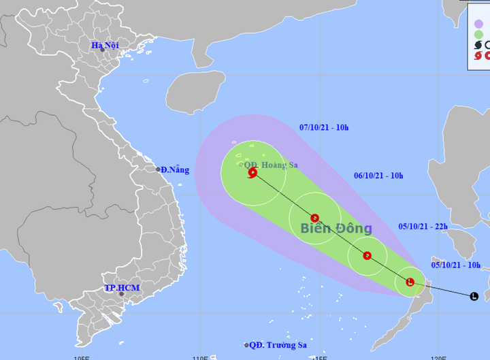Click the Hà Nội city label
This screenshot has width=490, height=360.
[x=105, y=45]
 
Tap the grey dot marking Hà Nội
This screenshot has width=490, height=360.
[x=102, y=50]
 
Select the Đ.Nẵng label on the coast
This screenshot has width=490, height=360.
[x=173, y=169]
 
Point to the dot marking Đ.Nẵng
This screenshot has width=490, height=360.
[x=158, y=169]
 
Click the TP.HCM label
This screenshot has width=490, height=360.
[x=122, y=288]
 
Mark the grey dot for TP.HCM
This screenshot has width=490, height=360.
[x=122, y=294]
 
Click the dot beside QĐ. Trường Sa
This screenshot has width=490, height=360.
[x=246, y=345]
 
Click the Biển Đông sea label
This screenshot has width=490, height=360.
[x=336, y=229]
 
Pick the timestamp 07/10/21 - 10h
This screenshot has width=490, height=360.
[x=324, y=127]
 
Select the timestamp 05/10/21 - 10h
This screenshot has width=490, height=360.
[x=456, y=265]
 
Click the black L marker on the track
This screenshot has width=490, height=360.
[x=474, y=296]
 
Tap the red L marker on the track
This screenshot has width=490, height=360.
[x=410, y=282]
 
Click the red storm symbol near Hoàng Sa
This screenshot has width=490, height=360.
[x=253, y=173]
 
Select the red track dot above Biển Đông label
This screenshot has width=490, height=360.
[x=314, y=218]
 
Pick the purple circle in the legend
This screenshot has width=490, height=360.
[x=478, y=24]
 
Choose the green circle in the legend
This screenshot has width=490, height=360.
[x=478, y=35]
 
